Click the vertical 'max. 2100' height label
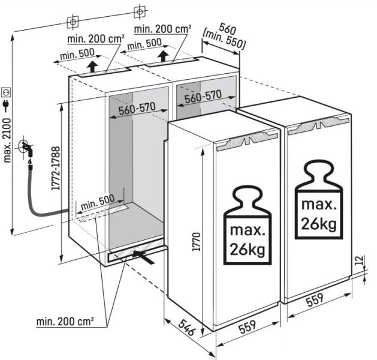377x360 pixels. pyautogui.click(x=7, y=140)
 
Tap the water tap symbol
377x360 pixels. pyautogui.click(x=26, y=147)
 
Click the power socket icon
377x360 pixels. pyautogui.click(x=6, y=92)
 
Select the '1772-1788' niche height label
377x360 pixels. pyautogui.click(x=56, y=168)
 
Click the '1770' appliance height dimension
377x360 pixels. pyautogui.click(x=196, y=241)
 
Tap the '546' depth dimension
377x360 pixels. pyautogui.click(x=186, y=327)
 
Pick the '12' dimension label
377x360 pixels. pyautogui.click(x=359, y=260)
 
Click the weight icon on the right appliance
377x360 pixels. pyautogui.click(x=319, y=199)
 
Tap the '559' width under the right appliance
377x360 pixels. pyautogui.click(x=315, y=299)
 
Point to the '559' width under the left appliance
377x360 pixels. pyautogui.click(x=248, y=326)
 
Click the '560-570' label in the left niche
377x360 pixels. pyautogui.click(x=137, y=109)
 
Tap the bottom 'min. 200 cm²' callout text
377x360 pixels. pyautogui.click(x=65, y=322)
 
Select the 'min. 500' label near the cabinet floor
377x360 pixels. pyautogui.click(x=97, y=202)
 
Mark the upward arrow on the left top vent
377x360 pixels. pyautogui.click(x=92, y=67)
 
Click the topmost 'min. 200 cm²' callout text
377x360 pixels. pyautogui.click(x=163, y=29)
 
